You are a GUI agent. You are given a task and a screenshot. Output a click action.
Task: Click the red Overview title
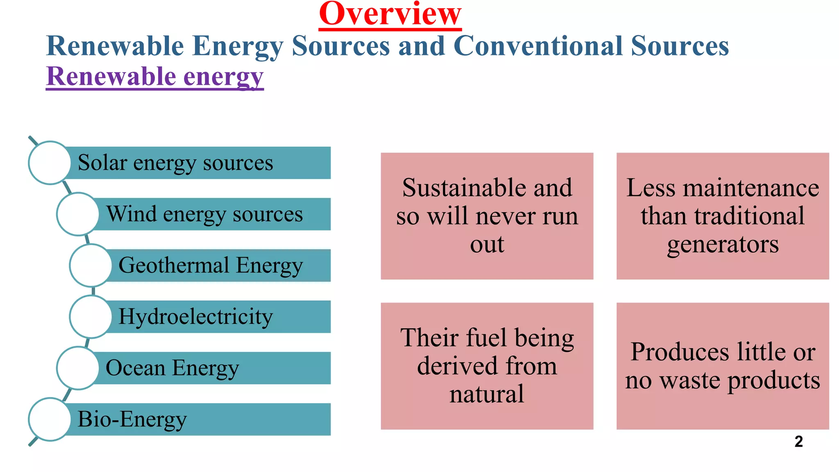(390, 14)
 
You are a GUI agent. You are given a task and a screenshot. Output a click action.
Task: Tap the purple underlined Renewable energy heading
(155, 77)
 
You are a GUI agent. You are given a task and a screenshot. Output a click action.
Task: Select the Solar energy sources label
(175, 163)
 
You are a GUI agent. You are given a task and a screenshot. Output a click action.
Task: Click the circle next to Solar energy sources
(50, 163)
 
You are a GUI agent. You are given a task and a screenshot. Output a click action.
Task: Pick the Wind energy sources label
(204, 214)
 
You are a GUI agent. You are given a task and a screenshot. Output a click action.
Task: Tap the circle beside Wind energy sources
(77, 214)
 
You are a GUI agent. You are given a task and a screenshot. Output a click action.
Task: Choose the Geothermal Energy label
(211, 265)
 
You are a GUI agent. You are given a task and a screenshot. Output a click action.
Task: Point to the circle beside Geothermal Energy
(91, 265)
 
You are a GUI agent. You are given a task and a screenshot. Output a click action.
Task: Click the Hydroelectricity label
(195, 317)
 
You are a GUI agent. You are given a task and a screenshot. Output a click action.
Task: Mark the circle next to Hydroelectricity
(91, 317)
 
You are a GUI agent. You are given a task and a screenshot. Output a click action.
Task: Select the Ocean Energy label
(172, 368)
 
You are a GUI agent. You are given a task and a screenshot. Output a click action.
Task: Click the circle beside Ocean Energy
(77, 368)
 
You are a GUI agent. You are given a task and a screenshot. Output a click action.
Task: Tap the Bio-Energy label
(132, 419)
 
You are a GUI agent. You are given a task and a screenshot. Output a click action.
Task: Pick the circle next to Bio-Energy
(50, 419)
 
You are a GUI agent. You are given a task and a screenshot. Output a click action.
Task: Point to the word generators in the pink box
(723, 245)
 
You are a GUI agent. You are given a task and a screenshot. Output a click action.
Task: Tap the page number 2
(798, 441)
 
